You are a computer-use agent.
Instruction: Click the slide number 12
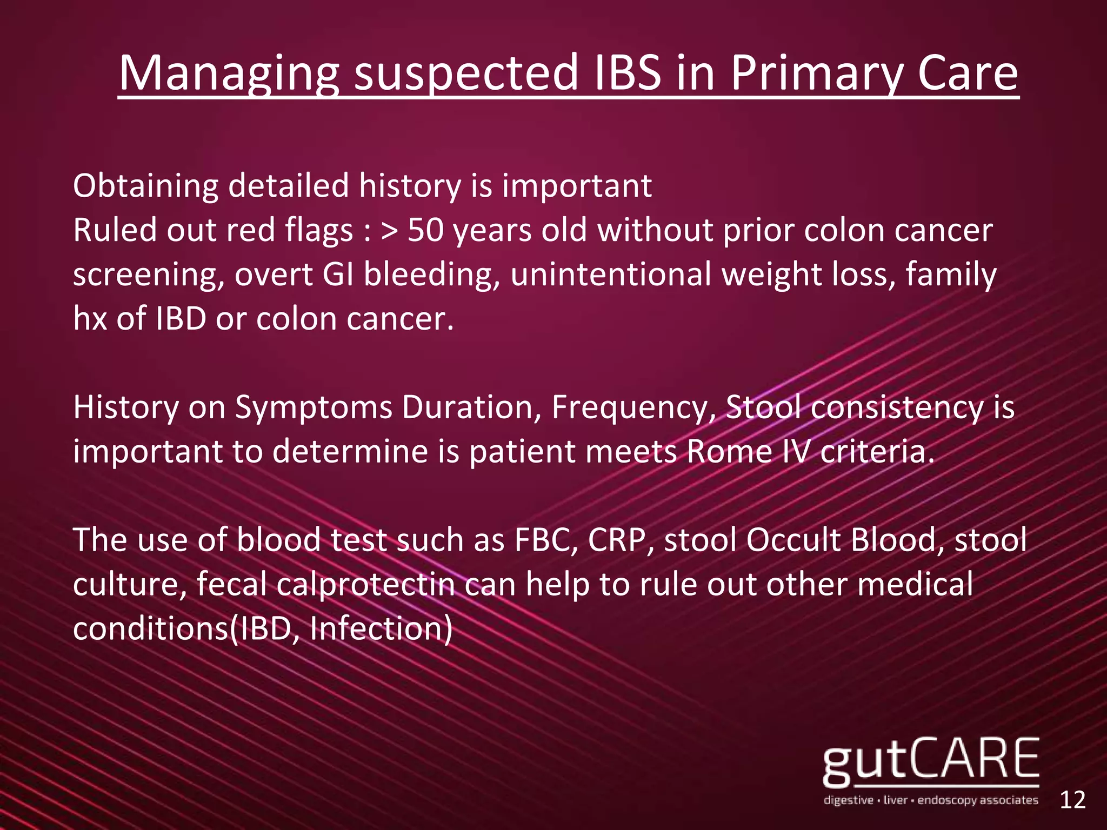(1072, 800)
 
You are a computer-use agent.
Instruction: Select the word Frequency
(629, 407)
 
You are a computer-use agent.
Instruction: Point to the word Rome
(730, 452)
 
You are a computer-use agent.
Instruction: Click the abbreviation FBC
(546, 540)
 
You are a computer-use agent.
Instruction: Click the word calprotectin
(366, 585)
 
